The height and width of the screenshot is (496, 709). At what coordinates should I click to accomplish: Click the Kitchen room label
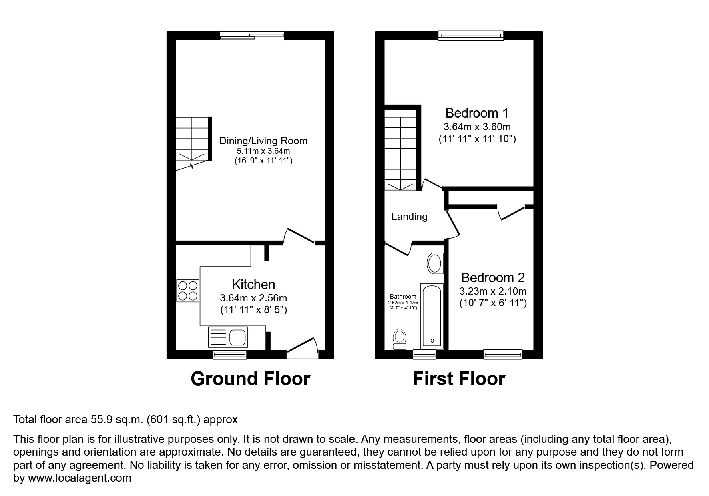pyautogui.click(x=253, y=285)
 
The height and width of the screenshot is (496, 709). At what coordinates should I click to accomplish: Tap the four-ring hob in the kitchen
pyautogui.click(x=188, y=291)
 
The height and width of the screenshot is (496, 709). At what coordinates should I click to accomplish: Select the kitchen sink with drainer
pyautogui.click(x=228, y=337)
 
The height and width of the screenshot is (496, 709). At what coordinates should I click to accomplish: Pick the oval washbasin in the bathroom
pyautogui.click(x=435, y=263)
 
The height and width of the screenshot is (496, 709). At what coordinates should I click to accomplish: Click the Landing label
pyautogui.click(x=409, y=217)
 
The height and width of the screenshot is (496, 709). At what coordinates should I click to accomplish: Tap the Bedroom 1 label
pyautogui.click(x=477, y=113)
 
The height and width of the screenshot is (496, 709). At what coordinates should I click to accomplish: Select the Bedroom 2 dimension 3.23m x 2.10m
pyautogui.click(x=493, y=291)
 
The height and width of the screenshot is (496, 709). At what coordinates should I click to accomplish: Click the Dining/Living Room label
pyautogui.click(x=263, y=141)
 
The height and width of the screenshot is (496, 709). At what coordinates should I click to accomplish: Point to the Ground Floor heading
pyautogui.click(x=250, y=379)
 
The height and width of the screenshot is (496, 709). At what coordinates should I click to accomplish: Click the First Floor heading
pyautogui.click(x=459, y=379)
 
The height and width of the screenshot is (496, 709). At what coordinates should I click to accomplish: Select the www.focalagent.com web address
pyautogui.click(x=80, y=478)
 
